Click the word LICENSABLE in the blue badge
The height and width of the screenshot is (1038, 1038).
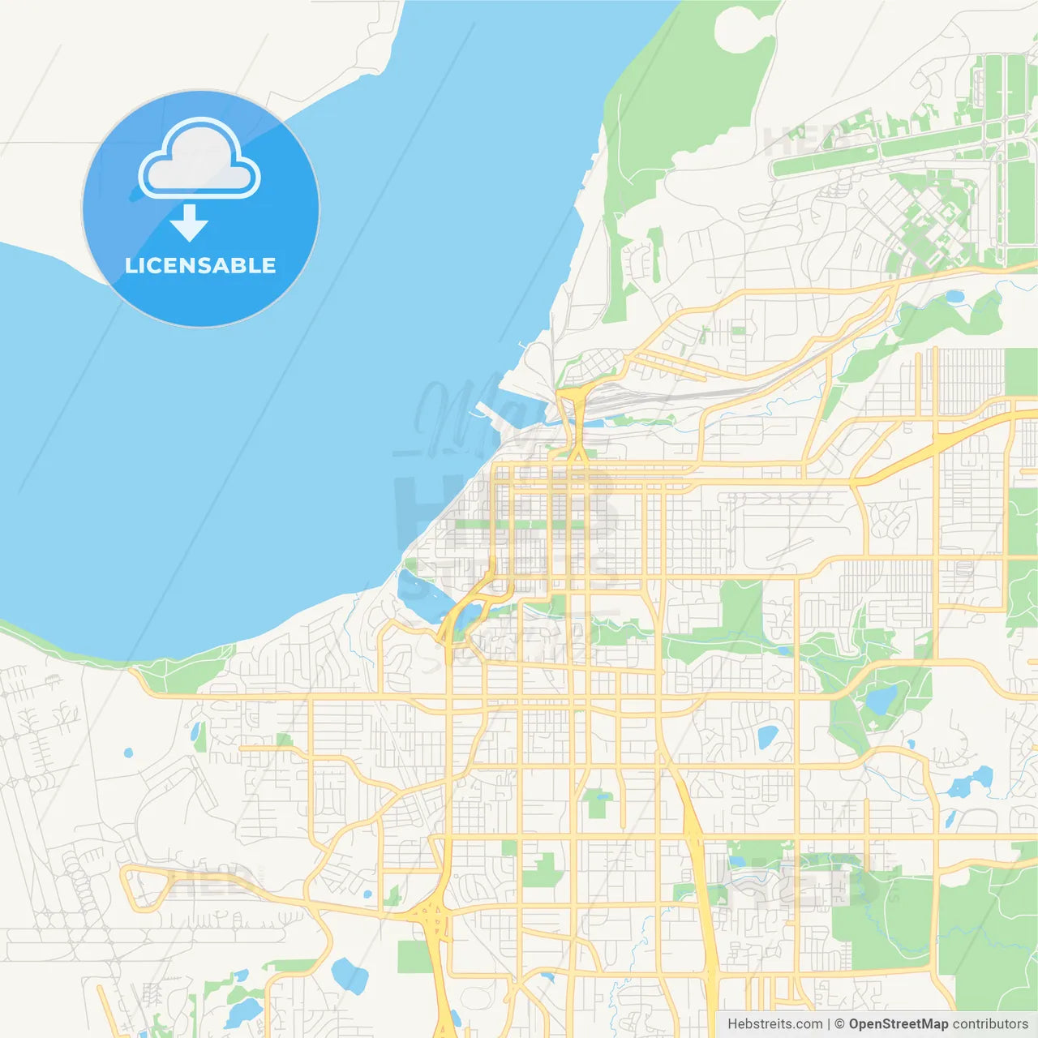click(x=200, y=265)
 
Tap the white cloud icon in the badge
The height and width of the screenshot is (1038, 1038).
click(x=199, y=160)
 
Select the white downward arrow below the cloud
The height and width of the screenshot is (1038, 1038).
click(x=189, y=223)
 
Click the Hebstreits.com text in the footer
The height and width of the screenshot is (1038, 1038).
click(x=774, y=1024)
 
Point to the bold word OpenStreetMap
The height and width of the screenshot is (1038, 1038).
click(x=898, y=1024)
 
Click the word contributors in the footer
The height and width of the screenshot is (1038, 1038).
click(x=990, y=1024)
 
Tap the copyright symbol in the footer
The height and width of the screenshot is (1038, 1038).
click(x=839, y=1024)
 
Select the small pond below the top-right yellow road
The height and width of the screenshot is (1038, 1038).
click(x=954, y=297)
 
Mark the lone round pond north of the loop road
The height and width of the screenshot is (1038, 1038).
click(x=128, y=753)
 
